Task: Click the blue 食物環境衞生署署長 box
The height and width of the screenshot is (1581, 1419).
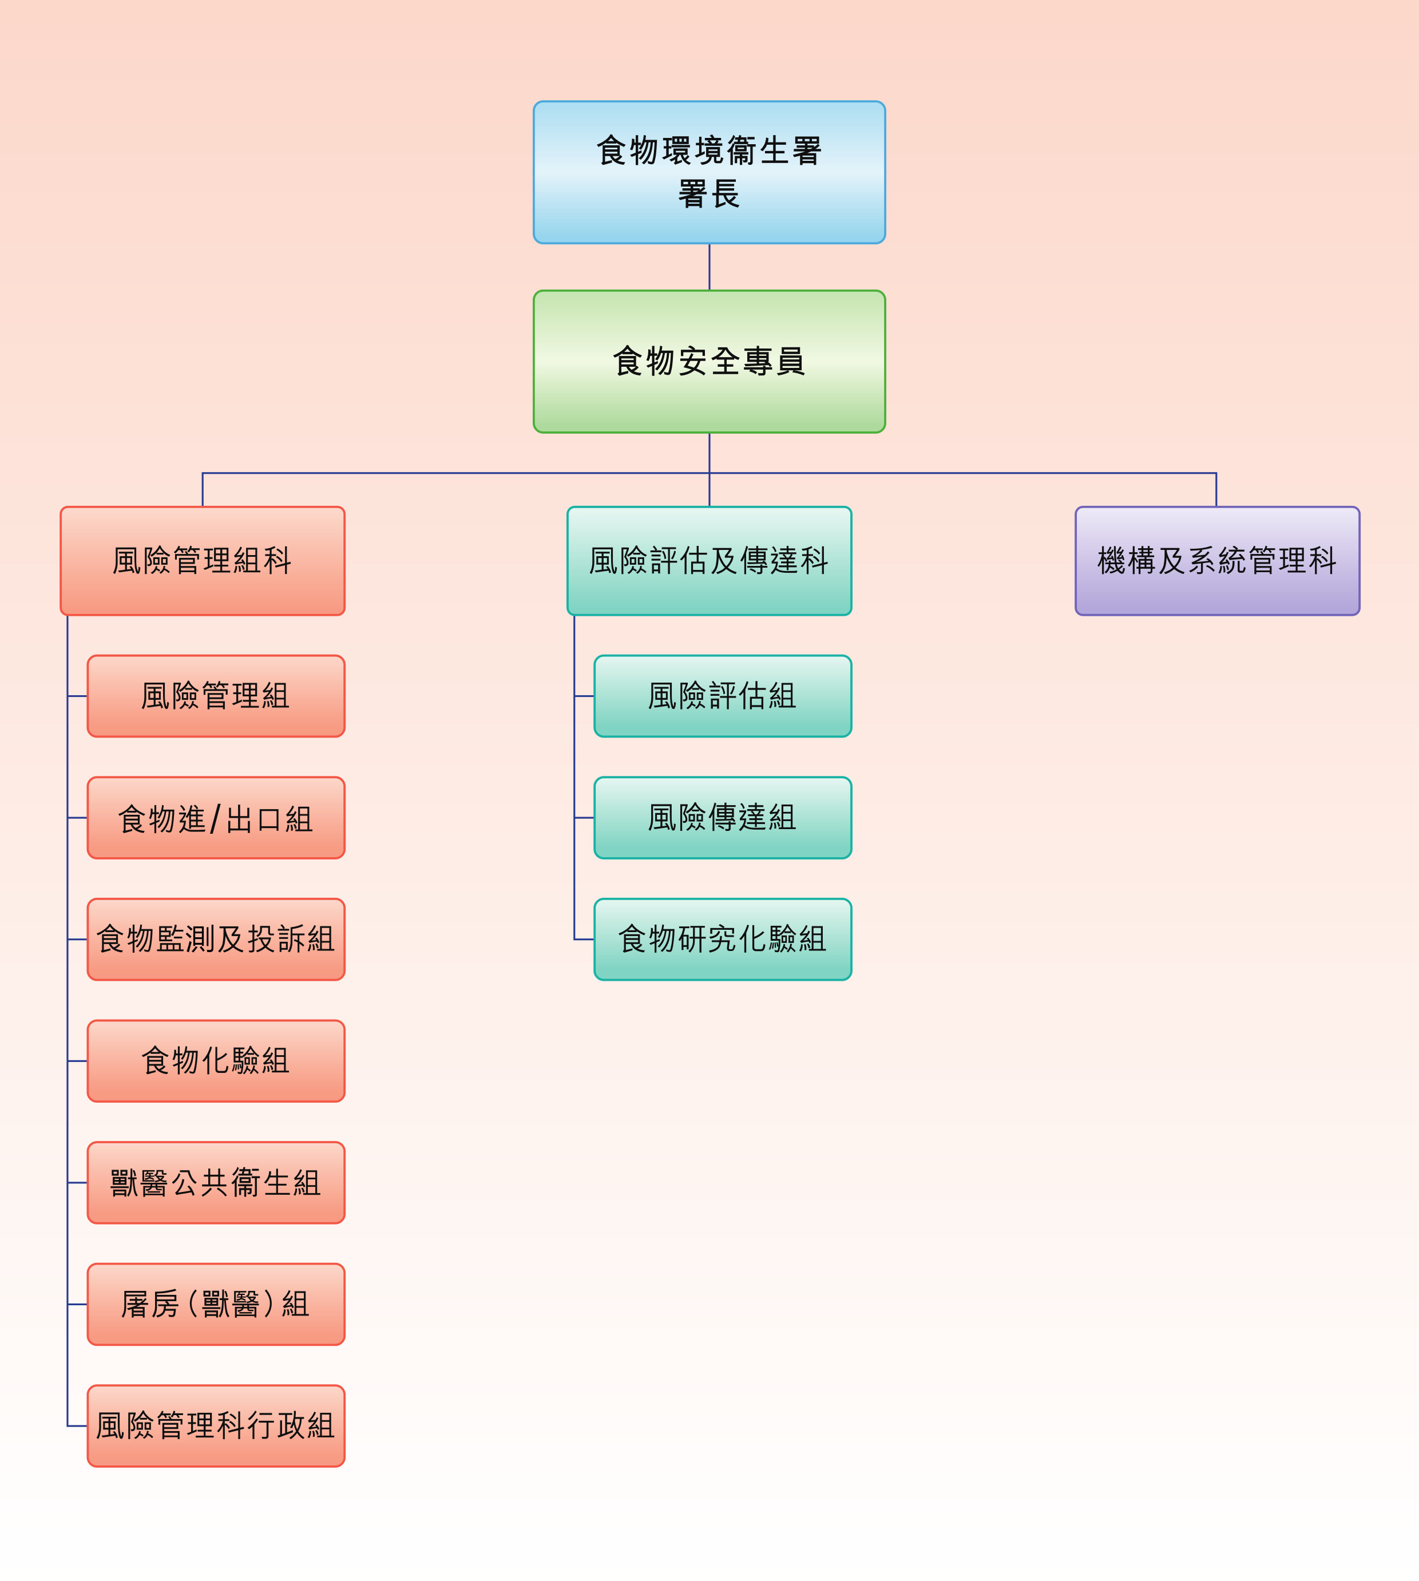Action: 709,172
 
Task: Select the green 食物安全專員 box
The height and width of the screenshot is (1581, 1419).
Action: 709,362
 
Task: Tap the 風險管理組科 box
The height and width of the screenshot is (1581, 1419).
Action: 202,561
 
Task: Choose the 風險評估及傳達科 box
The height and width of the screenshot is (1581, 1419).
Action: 709,561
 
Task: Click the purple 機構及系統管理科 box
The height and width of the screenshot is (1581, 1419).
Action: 1216,561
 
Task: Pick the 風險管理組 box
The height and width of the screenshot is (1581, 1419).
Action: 215,695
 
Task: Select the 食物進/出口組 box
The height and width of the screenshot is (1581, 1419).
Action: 215,818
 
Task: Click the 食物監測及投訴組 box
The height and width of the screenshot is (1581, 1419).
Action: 215,940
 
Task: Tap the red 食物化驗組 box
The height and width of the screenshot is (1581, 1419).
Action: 215,1061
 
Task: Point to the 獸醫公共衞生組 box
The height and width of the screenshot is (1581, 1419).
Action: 215,1183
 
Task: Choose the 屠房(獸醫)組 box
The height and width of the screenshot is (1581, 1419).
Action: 215,1304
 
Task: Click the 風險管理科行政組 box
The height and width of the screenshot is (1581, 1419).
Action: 215,1426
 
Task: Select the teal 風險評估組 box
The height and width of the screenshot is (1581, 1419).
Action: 722,695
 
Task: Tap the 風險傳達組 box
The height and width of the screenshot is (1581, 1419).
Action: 722,818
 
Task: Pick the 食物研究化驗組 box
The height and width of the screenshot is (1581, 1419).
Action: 722,940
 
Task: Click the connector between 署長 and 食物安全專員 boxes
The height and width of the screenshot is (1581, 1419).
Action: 709,267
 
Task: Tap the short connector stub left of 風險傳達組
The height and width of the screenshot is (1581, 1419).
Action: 584,818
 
